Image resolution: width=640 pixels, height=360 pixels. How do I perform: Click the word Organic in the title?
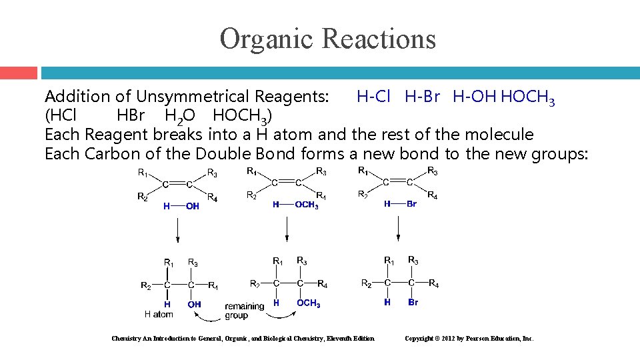click(263, 39)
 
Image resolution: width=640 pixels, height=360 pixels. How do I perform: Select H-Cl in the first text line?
click(373, 97)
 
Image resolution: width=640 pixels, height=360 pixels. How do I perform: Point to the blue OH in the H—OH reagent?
click(193, 207)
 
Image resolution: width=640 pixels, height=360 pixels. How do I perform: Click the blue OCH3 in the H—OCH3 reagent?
click(306, 205)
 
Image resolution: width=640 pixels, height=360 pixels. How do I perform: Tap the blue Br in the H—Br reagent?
click(411, 204)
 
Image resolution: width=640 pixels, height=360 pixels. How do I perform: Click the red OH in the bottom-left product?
click(195, 305)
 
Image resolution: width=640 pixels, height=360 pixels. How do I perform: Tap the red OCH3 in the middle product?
click(308, 304)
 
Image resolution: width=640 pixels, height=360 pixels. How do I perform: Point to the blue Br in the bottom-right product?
click(413, 303)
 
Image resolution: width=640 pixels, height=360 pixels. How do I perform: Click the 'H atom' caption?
click(159, 314)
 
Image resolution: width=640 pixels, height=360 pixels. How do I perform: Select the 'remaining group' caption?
click(244, 311)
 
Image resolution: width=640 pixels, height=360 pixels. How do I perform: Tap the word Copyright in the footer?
click(419, 339)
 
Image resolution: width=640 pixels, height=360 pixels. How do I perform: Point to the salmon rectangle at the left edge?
click(19, 73)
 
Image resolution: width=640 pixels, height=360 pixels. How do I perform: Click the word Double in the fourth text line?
click(223, 155)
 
